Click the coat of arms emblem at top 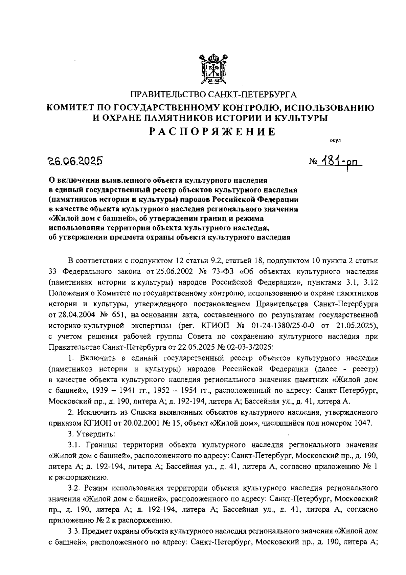coord(213,69)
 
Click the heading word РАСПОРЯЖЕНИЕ coord(213,131)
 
